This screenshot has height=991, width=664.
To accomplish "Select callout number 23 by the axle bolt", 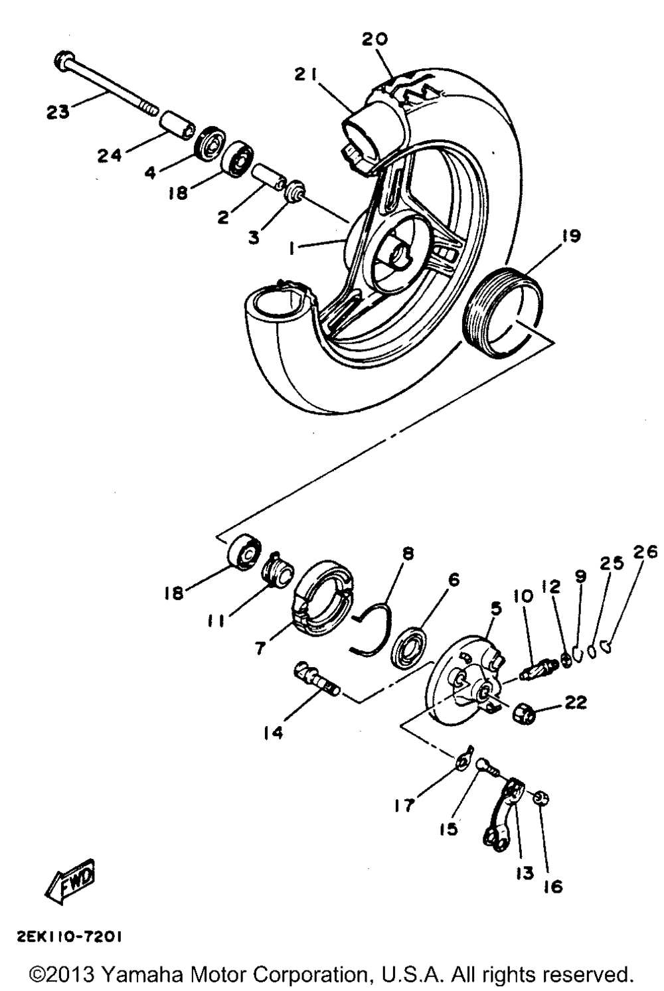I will pyautogui.click(x=58, y=112).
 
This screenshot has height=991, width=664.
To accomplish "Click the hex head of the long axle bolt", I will pyautogui.click(x=63, y=62).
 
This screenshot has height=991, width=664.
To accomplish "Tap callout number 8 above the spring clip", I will pyautogui.click(x=408, y=553).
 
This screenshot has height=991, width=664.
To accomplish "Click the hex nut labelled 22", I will pyautogui.click(x=525, y=714).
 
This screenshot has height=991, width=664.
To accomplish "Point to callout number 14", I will pyautogui.click(x=273, y=732).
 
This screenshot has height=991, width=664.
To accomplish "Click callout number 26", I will pyautogui.click(x=648, y=551).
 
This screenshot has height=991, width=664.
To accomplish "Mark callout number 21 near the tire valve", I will pyautogui.click(x=307, y=75).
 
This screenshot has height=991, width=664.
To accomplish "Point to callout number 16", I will pyautogui.click(x=552, y=885).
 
